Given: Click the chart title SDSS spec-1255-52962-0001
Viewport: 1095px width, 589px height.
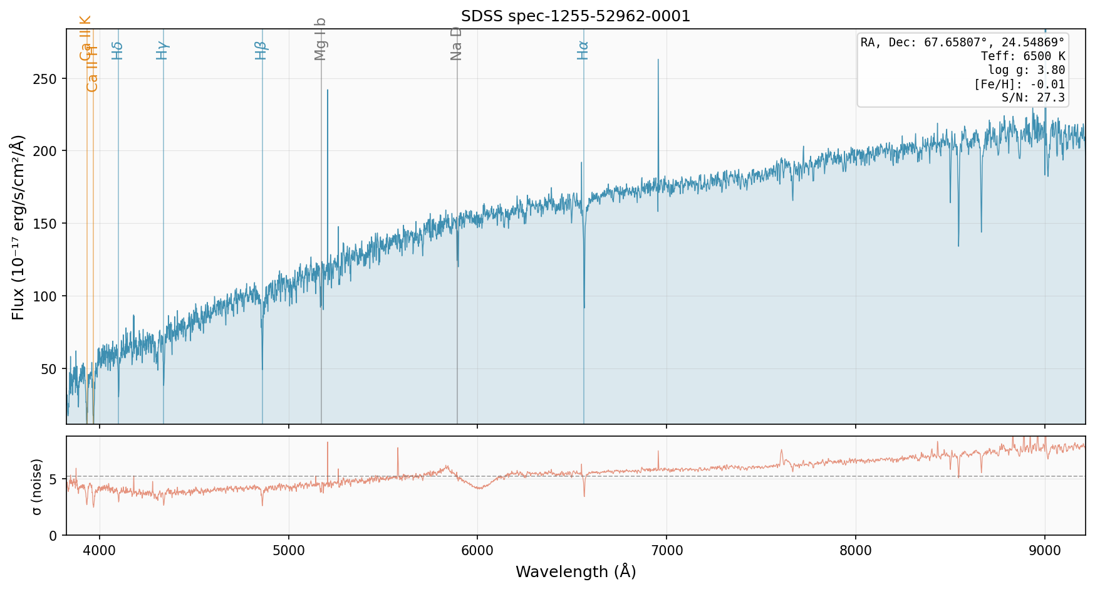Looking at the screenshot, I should (x=576, y=16).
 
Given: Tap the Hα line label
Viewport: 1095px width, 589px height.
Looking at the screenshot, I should (x=583, y=50).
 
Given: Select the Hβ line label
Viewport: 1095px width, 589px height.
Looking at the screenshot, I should (x=261, y=50).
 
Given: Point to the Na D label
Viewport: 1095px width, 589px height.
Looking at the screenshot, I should (x=456, y=43).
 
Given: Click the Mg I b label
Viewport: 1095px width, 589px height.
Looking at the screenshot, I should (x=321, y=39).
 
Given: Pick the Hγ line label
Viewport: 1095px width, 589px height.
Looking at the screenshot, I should (x=162, y=50).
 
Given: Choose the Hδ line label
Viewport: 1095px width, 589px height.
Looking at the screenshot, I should (x=117, y=50).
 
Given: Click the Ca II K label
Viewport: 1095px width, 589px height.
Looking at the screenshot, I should (x=86, y=38).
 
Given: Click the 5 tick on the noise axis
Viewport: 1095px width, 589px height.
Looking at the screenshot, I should (x=53, y=479).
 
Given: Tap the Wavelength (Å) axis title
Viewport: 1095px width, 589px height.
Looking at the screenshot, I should (x=576, y=571).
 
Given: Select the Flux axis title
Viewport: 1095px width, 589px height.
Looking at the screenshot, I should (x=18, y=227).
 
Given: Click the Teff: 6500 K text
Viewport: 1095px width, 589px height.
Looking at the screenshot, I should (x=1022, y=56).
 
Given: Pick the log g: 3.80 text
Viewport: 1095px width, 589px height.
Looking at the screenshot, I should (x=1026, y=70).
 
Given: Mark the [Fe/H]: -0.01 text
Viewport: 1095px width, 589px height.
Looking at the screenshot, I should (x=1019, y=84).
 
